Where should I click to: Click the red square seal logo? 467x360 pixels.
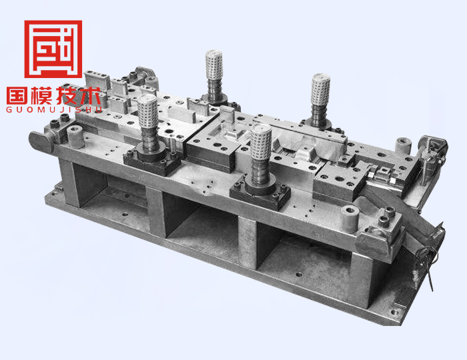point(53,49)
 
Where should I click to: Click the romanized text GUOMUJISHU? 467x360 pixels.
point(54,110)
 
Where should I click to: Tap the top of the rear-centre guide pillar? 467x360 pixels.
point(214,53)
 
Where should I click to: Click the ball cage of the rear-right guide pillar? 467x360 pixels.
point(320,89)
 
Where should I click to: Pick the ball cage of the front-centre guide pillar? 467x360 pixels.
point(261,142)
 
